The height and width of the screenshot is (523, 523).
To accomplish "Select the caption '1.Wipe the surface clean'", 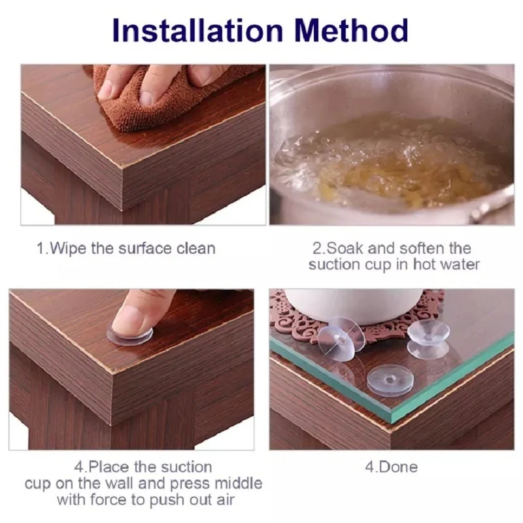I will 126,249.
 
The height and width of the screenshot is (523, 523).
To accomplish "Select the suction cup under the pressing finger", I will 130,336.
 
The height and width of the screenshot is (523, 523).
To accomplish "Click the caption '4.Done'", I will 391,467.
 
